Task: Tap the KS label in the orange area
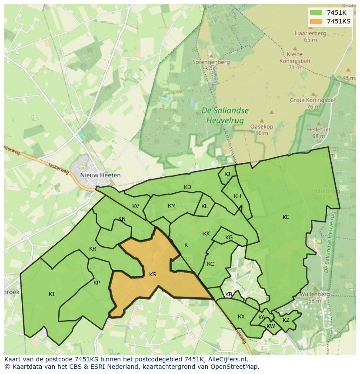coord(153,275)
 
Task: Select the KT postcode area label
coord(52,294)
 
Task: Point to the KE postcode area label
coord(286,217)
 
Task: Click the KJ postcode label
coord(227,174)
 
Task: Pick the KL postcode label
coord(204,206)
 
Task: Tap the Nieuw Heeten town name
coord(100,175)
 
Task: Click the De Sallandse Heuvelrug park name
coord(225,115)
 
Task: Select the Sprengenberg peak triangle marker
coord(211,56)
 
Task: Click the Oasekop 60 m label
coord(261,129)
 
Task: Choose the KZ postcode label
coord(286,320)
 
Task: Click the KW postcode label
coord(270,326)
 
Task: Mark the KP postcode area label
coord(97,283)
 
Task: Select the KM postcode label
coord(172,206)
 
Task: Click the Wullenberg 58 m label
coord(315,297)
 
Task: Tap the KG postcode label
coord(229,238)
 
